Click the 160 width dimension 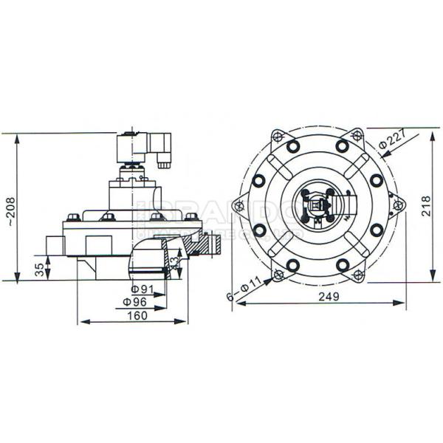tap(137, 315)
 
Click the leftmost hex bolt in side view tap(73, 217)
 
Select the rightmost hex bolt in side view tap(191, 217)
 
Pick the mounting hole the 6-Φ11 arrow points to tap(278, 275)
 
